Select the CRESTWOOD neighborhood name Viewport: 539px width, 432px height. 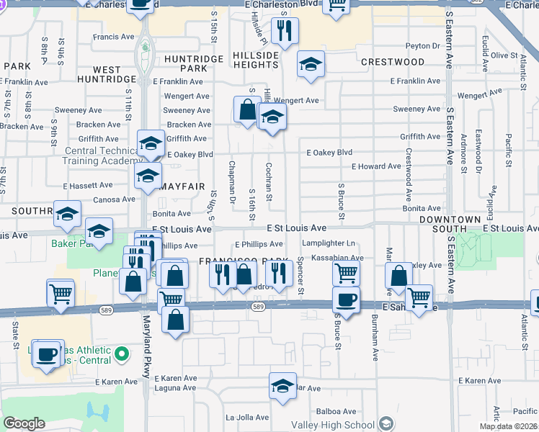(393, 62)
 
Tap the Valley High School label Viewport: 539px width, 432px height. (337, 424)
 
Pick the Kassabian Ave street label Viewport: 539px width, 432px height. (337, 258)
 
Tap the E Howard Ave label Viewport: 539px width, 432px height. (375, 166)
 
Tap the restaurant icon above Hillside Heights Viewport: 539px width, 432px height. (285, 30)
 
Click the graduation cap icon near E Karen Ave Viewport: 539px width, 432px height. (283, 385)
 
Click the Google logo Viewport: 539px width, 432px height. (24, 423)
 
